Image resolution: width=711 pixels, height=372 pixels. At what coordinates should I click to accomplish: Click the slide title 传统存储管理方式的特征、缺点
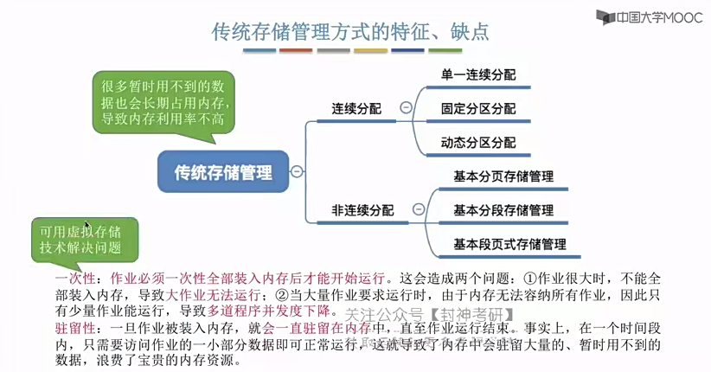pyautogui.click(x=350, y=32)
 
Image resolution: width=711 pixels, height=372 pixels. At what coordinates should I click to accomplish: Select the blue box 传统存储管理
pyautogui.click(x=223, y=170)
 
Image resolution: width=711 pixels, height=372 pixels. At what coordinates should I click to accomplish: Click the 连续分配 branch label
pyautogui.click(x=355, y=109)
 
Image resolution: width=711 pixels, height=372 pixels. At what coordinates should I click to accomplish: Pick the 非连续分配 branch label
pyautogui.click(x=362, y=209)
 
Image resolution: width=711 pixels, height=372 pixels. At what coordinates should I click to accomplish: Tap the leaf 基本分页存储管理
pyautogui.click(x=503, y=176)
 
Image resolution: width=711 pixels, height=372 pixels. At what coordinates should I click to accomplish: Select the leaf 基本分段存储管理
pyautogui.click(x=503, y=210)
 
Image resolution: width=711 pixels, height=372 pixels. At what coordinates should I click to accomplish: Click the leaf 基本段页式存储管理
pyautogui.click(x=509, y=244)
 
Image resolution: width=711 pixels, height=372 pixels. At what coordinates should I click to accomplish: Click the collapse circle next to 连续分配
pyautogui.click(x=405, y=108)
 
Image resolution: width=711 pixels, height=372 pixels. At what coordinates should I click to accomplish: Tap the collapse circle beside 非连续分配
pyautogui.click(x=419, y=208)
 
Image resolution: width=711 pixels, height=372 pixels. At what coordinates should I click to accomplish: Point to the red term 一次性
pyautogui.click(x=74, y=279)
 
